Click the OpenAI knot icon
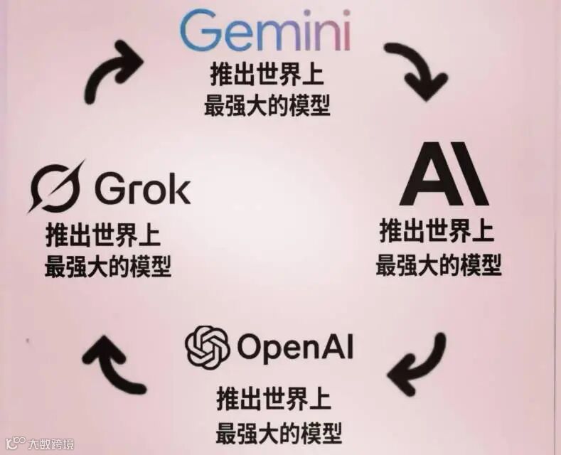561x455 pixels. pyautogui.click(x=208, y=346)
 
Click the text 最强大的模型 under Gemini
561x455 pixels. pyautogui.click(x=267, y=107)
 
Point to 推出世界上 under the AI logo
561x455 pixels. pyautogui.click(x=437, y=232)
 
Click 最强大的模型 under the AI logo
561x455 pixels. pyautogui.click(x=438, y=264)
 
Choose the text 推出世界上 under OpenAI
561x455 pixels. pyautogui.click(x=274, y=399)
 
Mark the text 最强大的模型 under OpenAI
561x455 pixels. pyautogui.click(x=279, y=431)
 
